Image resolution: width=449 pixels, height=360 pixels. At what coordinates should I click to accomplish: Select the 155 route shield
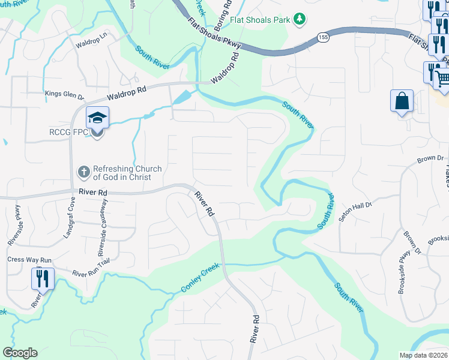pos(323,37)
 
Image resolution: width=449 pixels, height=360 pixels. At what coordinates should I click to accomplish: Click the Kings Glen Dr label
pos(65,94)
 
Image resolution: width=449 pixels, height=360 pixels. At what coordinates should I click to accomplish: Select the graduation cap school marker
pos(97,118)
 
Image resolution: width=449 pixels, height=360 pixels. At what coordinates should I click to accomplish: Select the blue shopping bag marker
pos(401,101)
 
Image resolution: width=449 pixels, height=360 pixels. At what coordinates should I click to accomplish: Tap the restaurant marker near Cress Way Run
pos(42,278)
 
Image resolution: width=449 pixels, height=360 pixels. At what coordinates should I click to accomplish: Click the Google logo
pos(20,353)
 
